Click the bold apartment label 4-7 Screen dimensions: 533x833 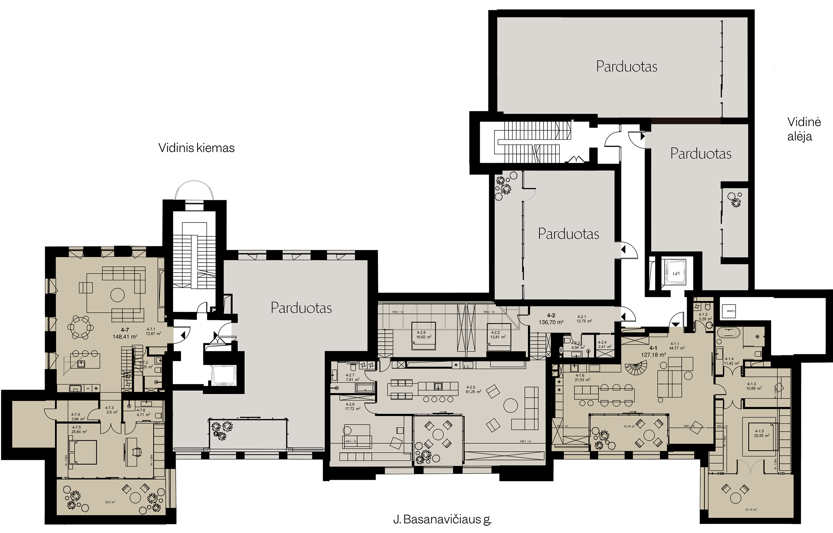point(125,330)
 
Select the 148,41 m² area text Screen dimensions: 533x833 point(125,336)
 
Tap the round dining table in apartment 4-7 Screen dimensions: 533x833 point(80,327)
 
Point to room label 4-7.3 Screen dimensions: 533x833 point(109,408)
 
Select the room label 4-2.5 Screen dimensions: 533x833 point(471,387)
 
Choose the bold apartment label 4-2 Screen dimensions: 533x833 point(551,316)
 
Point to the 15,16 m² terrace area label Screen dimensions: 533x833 point(629,427)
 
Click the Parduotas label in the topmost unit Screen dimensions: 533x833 point(626,66)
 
